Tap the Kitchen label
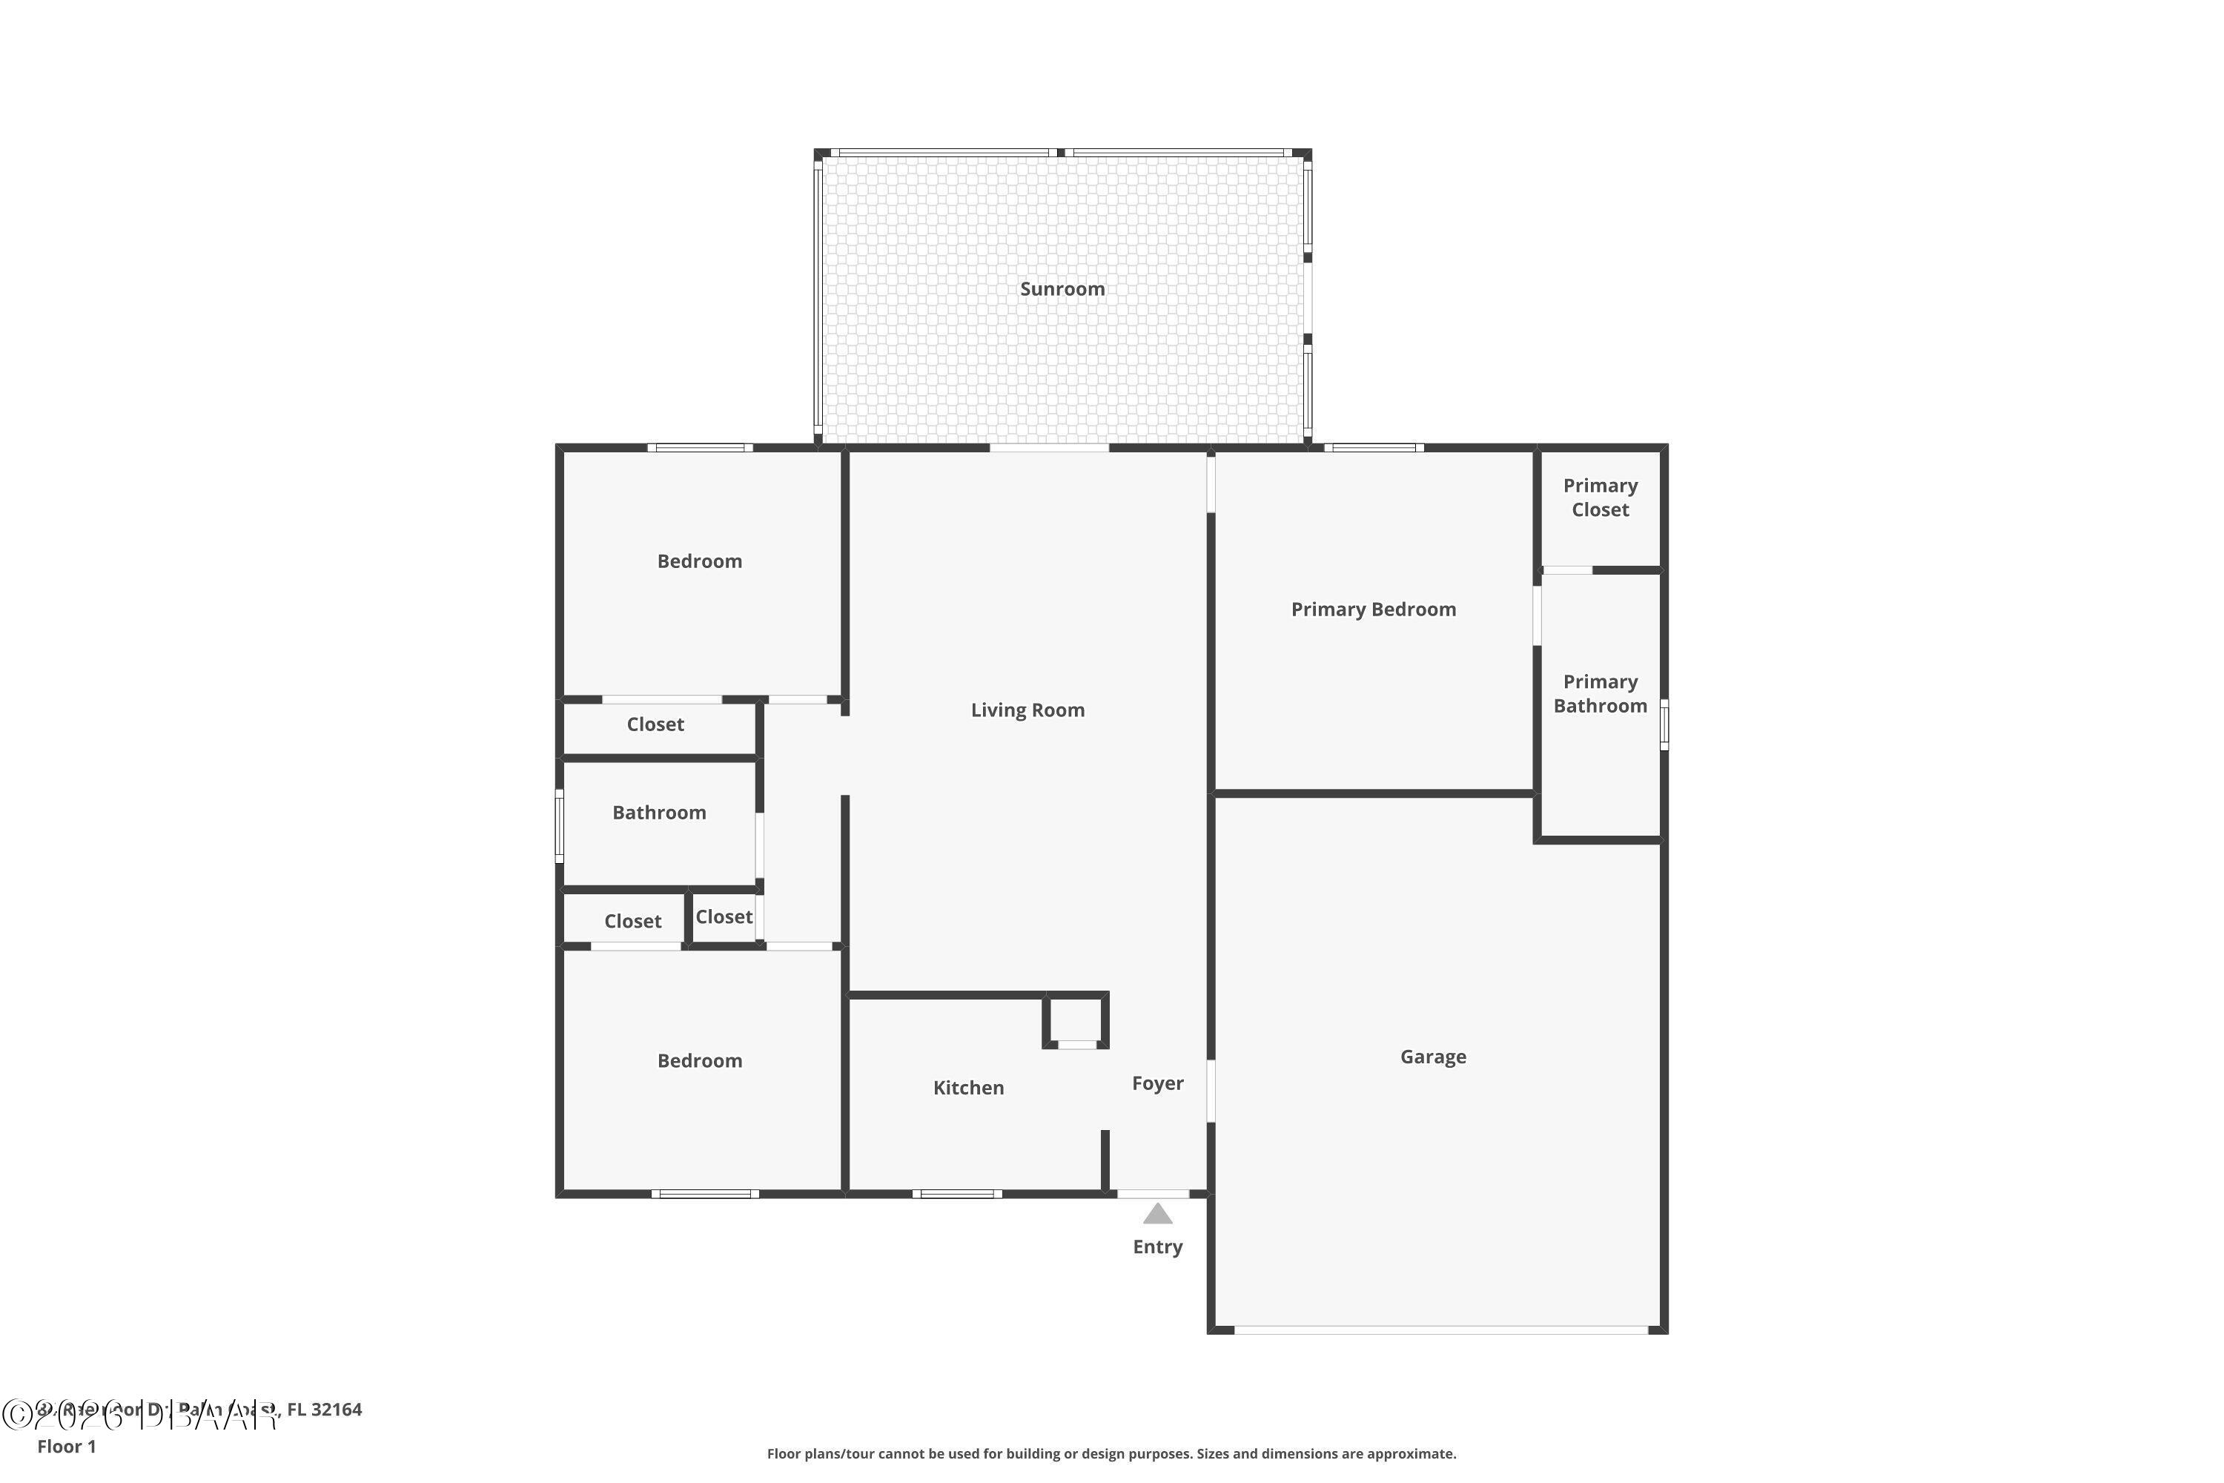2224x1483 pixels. click(x=968, y=1089)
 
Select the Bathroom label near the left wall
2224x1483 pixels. click(x=659, y=813)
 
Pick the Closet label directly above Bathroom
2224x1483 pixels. click(x=655, y=725)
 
